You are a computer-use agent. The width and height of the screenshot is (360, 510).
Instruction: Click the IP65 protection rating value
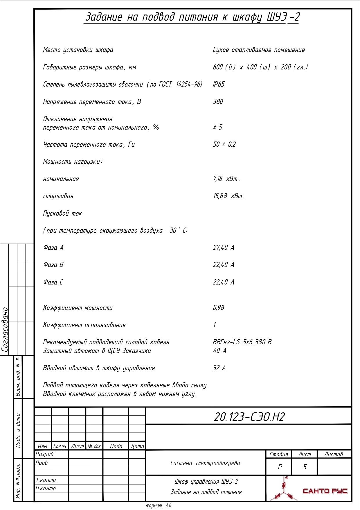click(219, 84)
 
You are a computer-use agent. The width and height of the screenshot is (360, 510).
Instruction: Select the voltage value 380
click(218, 102)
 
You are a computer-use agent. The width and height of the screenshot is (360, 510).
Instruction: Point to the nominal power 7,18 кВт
click(226, 179)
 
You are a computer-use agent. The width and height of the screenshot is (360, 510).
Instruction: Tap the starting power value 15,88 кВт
click(228, 196)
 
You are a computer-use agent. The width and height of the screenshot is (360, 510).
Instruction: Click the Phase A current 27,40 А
click(223, 248)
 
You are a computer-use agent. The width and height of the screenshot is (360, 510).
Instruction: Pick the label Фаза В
click(53, 265)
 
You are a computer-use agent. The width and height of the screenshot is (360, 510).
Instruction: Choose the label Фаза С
click(53, 282)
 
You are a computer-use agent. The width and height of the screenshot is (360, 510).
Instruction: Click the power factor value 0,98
click(218, 308)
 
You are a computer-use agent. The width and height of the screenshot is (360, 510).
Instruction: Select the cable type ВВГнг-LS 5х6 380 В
click(242, 342)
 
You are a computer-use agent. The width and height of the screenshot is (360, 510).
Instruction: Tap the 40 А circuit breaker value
click(219, 351)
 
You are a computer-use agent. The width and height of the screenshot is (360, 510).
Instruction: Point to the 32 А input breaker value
click(219, 368)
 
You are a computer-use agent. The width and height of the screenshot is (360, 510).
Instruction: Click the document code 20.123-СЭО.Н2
click(249, 417)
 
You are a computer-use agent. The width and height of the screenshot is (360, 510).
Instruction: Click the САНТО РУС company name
click(325, 491)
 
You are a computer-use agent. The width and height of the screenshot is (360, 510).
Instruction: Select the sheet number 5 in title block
click(305, 467)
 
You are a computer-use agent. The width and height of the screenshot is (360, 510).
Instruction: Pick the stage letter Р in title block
click(280, 467)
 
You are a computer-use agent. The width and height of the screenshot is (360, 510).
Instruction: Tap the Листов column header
click(333, 454)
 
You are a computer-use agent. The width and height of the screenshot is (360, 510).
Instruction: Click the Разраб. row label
click(45, 454)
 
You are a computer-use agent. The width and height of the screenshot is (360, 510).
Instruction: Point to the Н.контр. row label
click(46, 488)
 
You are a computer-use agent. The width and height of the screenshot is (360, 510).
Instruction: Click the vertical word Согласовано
click(5, 330)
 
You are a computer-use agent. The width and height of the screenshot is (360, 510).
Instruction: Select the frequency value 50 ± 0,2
click(224, 144)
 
